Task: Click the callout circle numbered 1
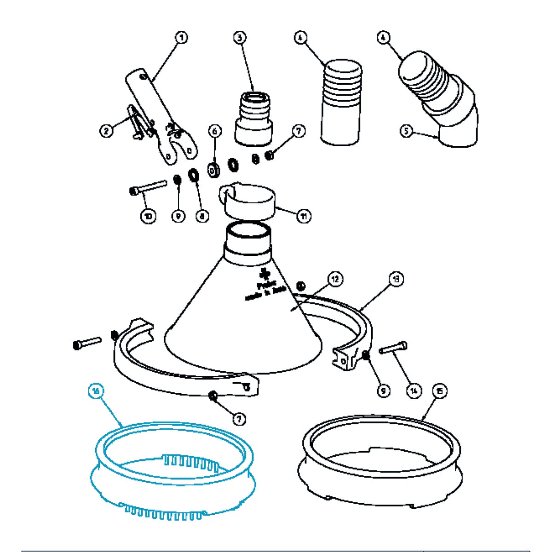click(x=182, y=37)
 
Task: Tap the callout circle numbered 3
click(x=239, y=37)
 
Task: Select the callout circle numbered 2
click(x=106, y=131)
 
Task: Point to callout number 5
click(x=406, y=132)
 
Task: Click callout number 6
click(x=215, y=131)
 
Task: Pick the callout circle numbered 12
click(x=335, y=279)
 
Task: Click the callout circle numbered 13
click(x=396, y=279)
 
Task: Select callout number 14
click(x=414, y=391)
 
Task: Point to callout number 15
click(x=440, y=391)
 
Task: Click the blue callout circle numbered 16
click(x=95, y=391)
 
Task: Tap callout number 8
click(x=201, y=215)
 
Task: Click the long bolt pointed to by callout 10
click(x=148, y=187)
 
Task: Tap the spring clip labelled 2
click(x=138, y=122)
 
